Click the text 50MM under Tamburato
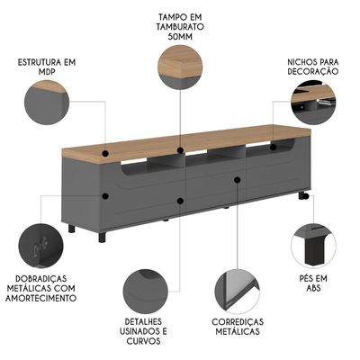click(x=180, y=36)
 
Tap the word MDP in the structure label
click(x=46, y=72)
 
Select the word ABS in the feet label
click(x=313, y=288)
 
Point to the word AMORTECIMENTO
click(x=40, y=298)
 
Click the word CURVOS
click(x=143, y=341)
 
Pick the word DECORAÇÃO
click(x=313, y=72)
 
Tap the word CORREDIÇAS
click(x=238, y=322)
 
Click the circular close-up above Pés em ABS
click(x=313, y=246)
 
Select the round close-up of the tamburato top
click(x=180, y=67)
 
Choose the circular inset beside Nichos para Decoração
click(x=313, y=102)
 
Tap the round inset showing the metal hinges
click(x=40, y=246)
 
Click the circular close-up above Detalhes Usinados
click(x=146, y=291)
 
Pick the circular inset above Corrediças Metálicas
click(x=237, y=291)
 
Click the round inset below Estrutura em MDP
click(x=47, y=103)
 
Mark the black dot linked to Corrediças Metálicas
click(x=238, y=180)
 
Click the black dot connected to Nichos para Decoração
click(x=273, y=147)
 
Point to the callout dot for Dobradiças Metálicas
click(x=105, y=196)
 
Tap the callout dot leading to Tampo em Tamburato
click(x=180, y=150)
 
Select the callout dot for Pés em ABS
click(x=305, y=196)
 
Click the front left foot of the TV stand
click(x=103, y=237)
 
